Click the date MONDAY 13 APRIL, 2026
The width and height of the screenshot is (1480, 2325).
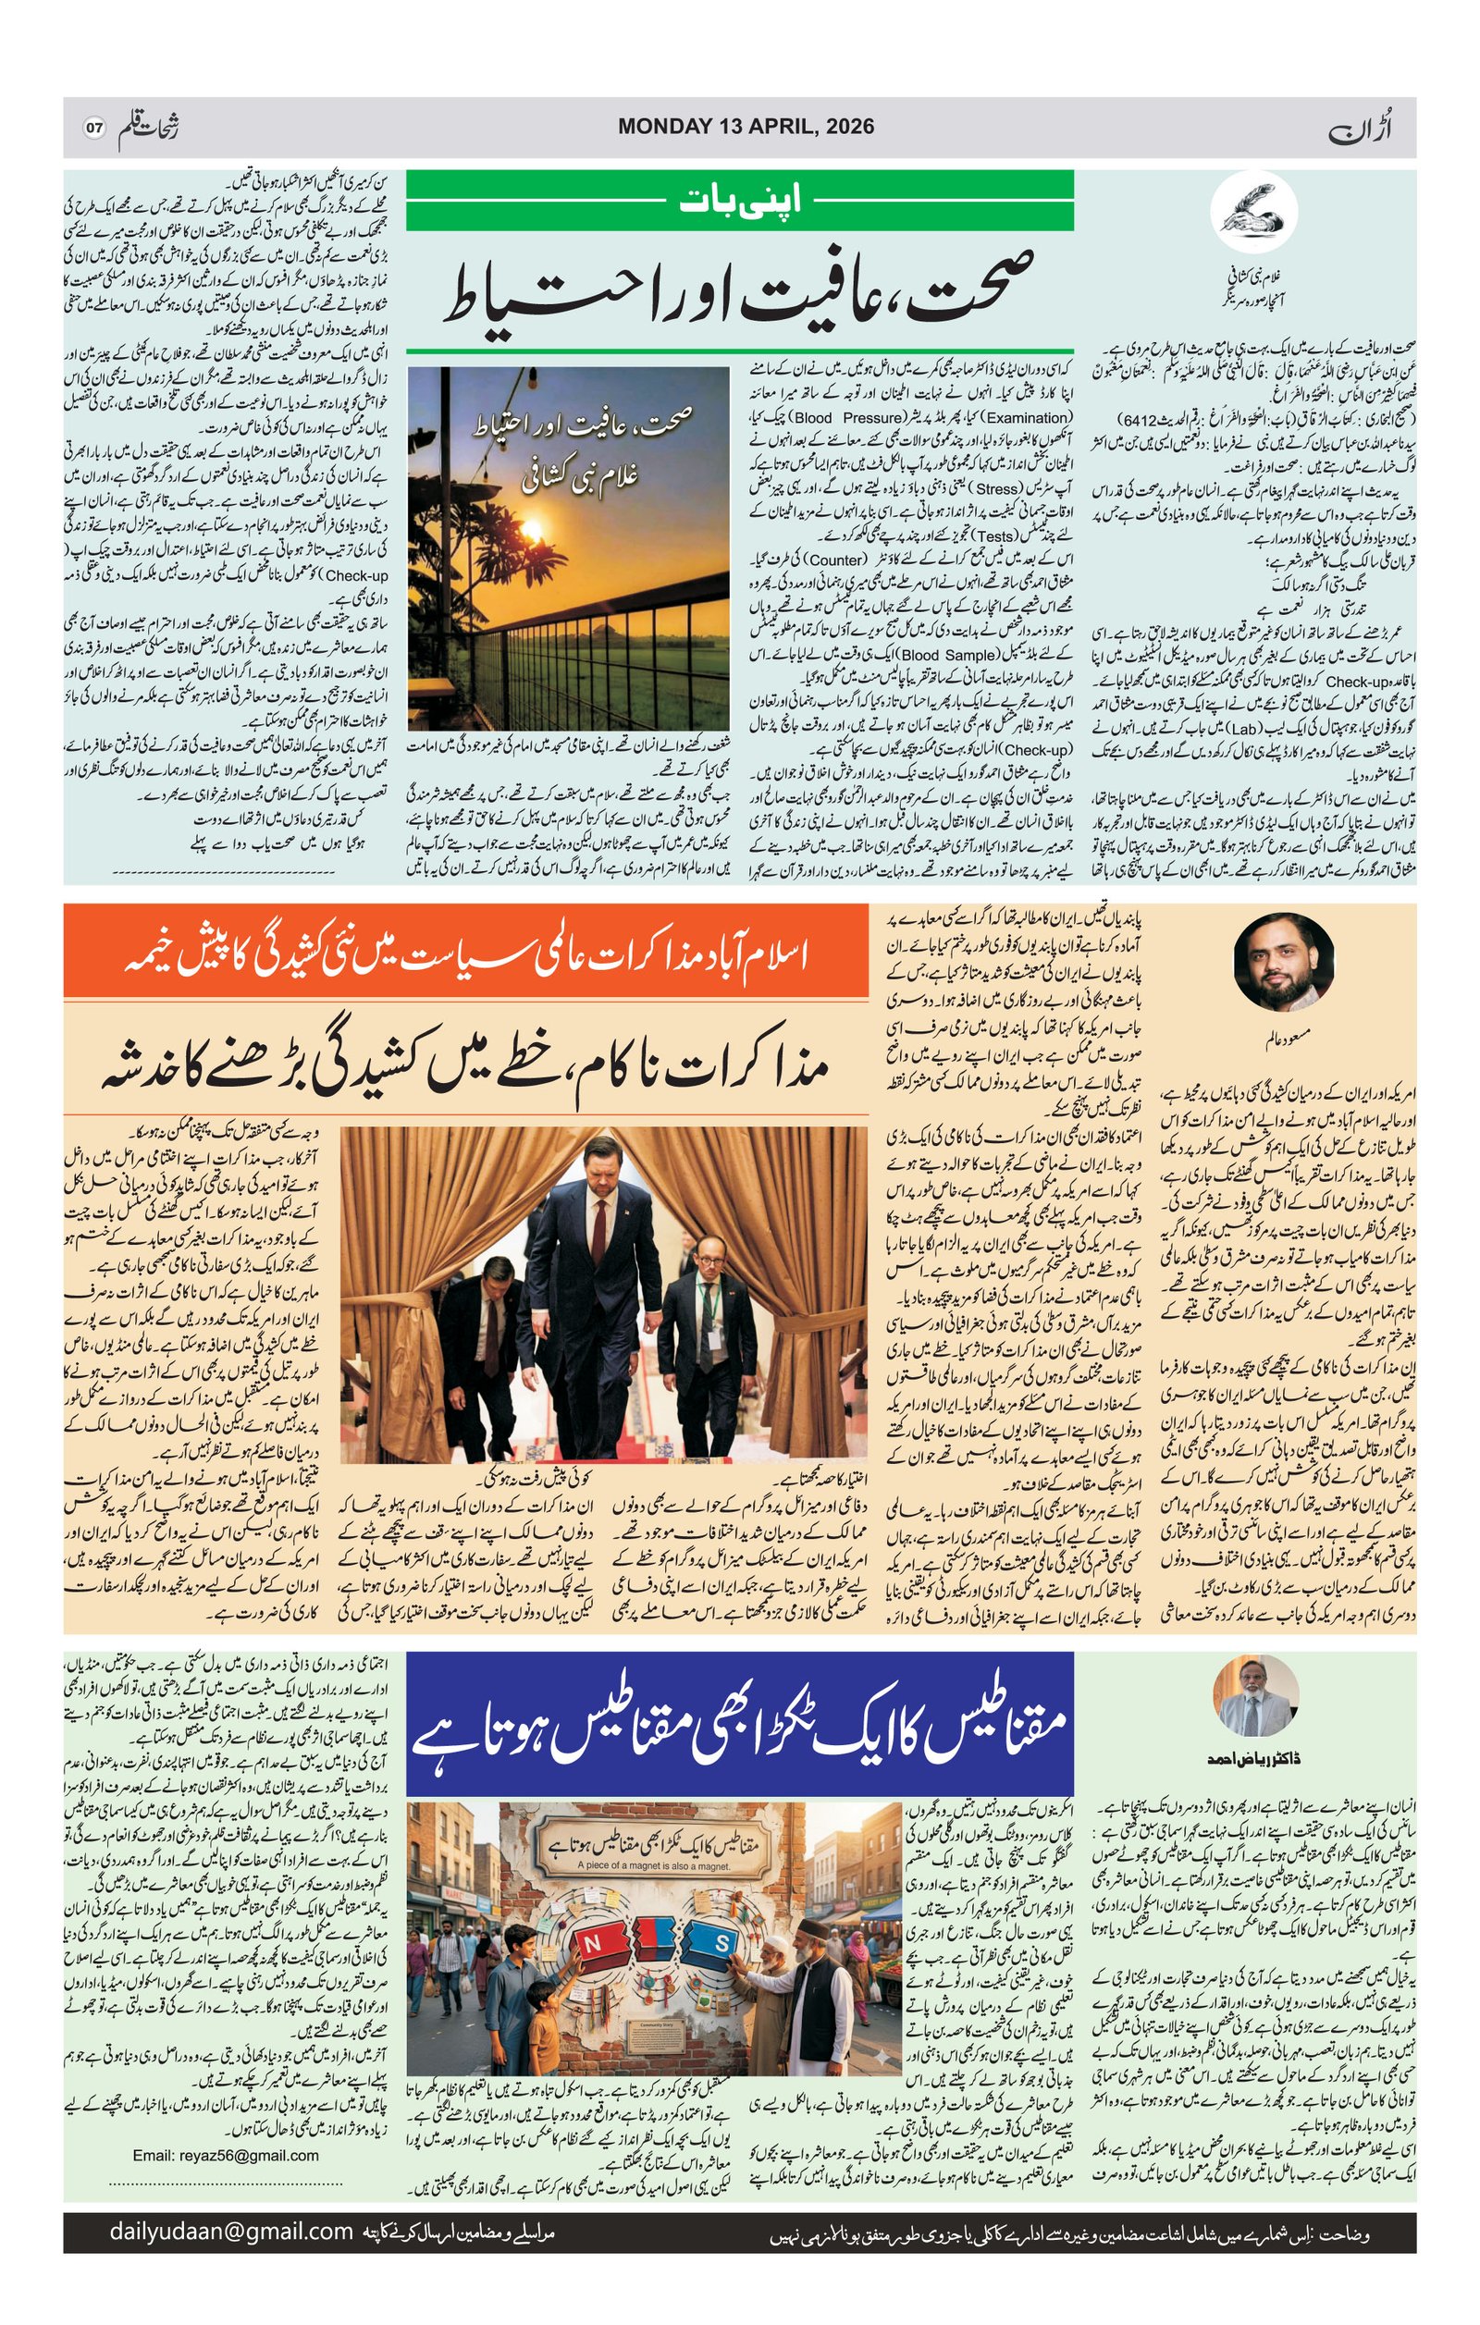coord(746,127)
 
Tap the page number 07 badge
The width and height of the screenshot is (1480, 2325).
coord(93,128)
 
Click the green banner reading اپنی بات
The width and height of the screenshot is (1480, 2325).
coord(739,200)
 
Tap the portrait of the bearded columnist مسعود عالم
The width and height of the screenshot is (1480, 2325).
coord(1283,962)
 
